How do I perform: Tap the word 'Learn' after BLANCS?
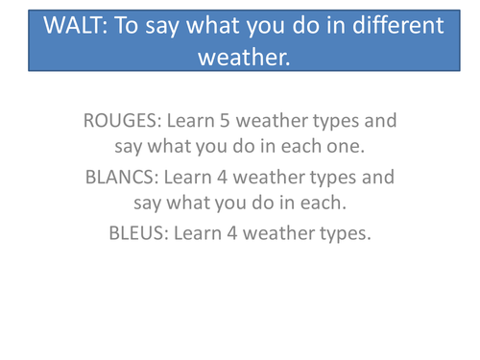pyautogui.click(x=193, y=179)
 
